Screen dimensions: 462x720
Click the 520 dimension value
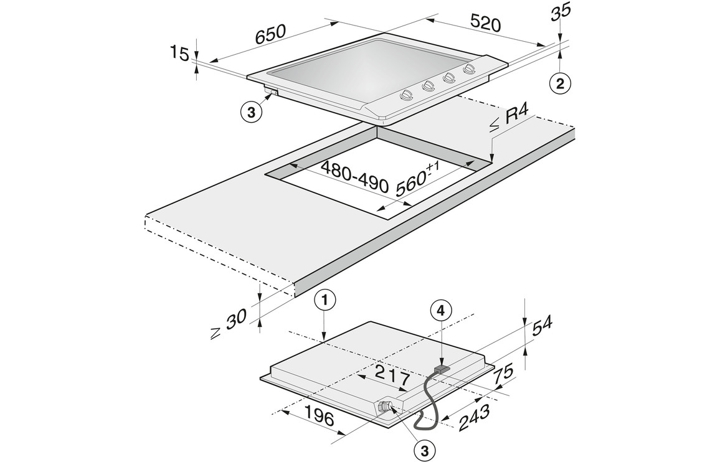[485, 24]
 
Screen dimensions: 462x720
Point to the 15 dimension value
[179, 54]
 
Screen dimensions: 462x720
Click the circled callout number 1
[325, 300]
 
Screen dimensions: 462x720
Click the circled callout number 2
[560, 83]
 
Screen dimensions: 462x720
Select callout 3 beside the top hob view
[251, 112]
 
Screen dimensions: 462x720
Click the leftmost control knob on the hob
[405, 95]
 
